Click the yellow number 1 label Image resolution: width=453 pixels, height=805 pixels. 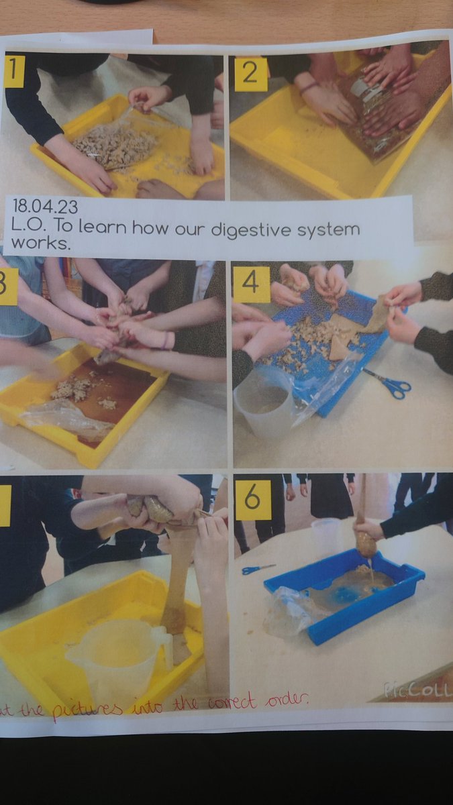[14, 71]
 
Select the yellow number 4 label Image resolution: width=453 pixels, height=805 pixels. [251, 284]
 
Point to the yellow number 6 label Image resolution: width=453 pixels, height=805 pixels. [252, 499]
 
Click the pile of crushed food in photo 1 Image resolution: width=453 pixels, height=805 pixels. [114, 144]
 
